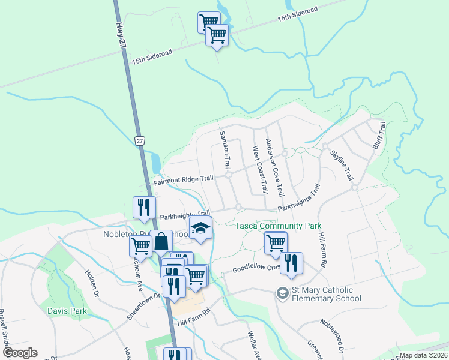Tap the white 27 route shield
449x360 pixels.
(139, 140)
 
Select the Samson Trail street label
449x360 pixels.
(225, 149)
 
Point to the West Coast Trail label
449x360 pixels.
(259, 169)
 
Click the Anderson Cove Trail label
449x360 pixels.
(274, 169)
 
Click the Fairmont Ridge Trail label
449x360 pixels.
(184, 179)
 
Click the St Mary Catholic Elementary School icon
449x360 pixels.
(282, 293)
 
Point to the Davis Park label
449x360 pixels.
(68, 311)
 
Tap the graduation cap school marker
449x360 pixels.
(201, 229)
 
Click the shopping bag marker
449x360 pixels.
(161, 242)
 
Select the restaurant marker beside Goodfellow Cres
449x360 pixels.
(291, 263)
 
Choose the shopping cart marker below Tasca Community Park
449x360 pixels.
(276, 243)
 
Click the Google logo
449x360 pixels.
(20, 353)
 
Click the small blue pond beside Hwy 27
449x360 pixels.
(156, 161)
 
